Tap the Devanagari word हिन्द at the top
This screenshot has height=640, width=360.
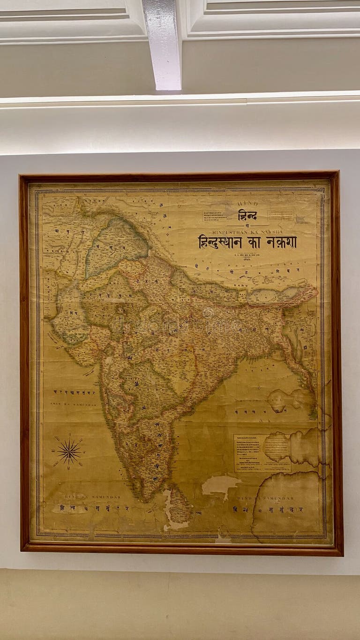pyautogui.click(x=247, y=215)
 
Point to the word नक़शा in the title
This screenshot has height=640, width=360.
pyautogui.click(x=281, y=242)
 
